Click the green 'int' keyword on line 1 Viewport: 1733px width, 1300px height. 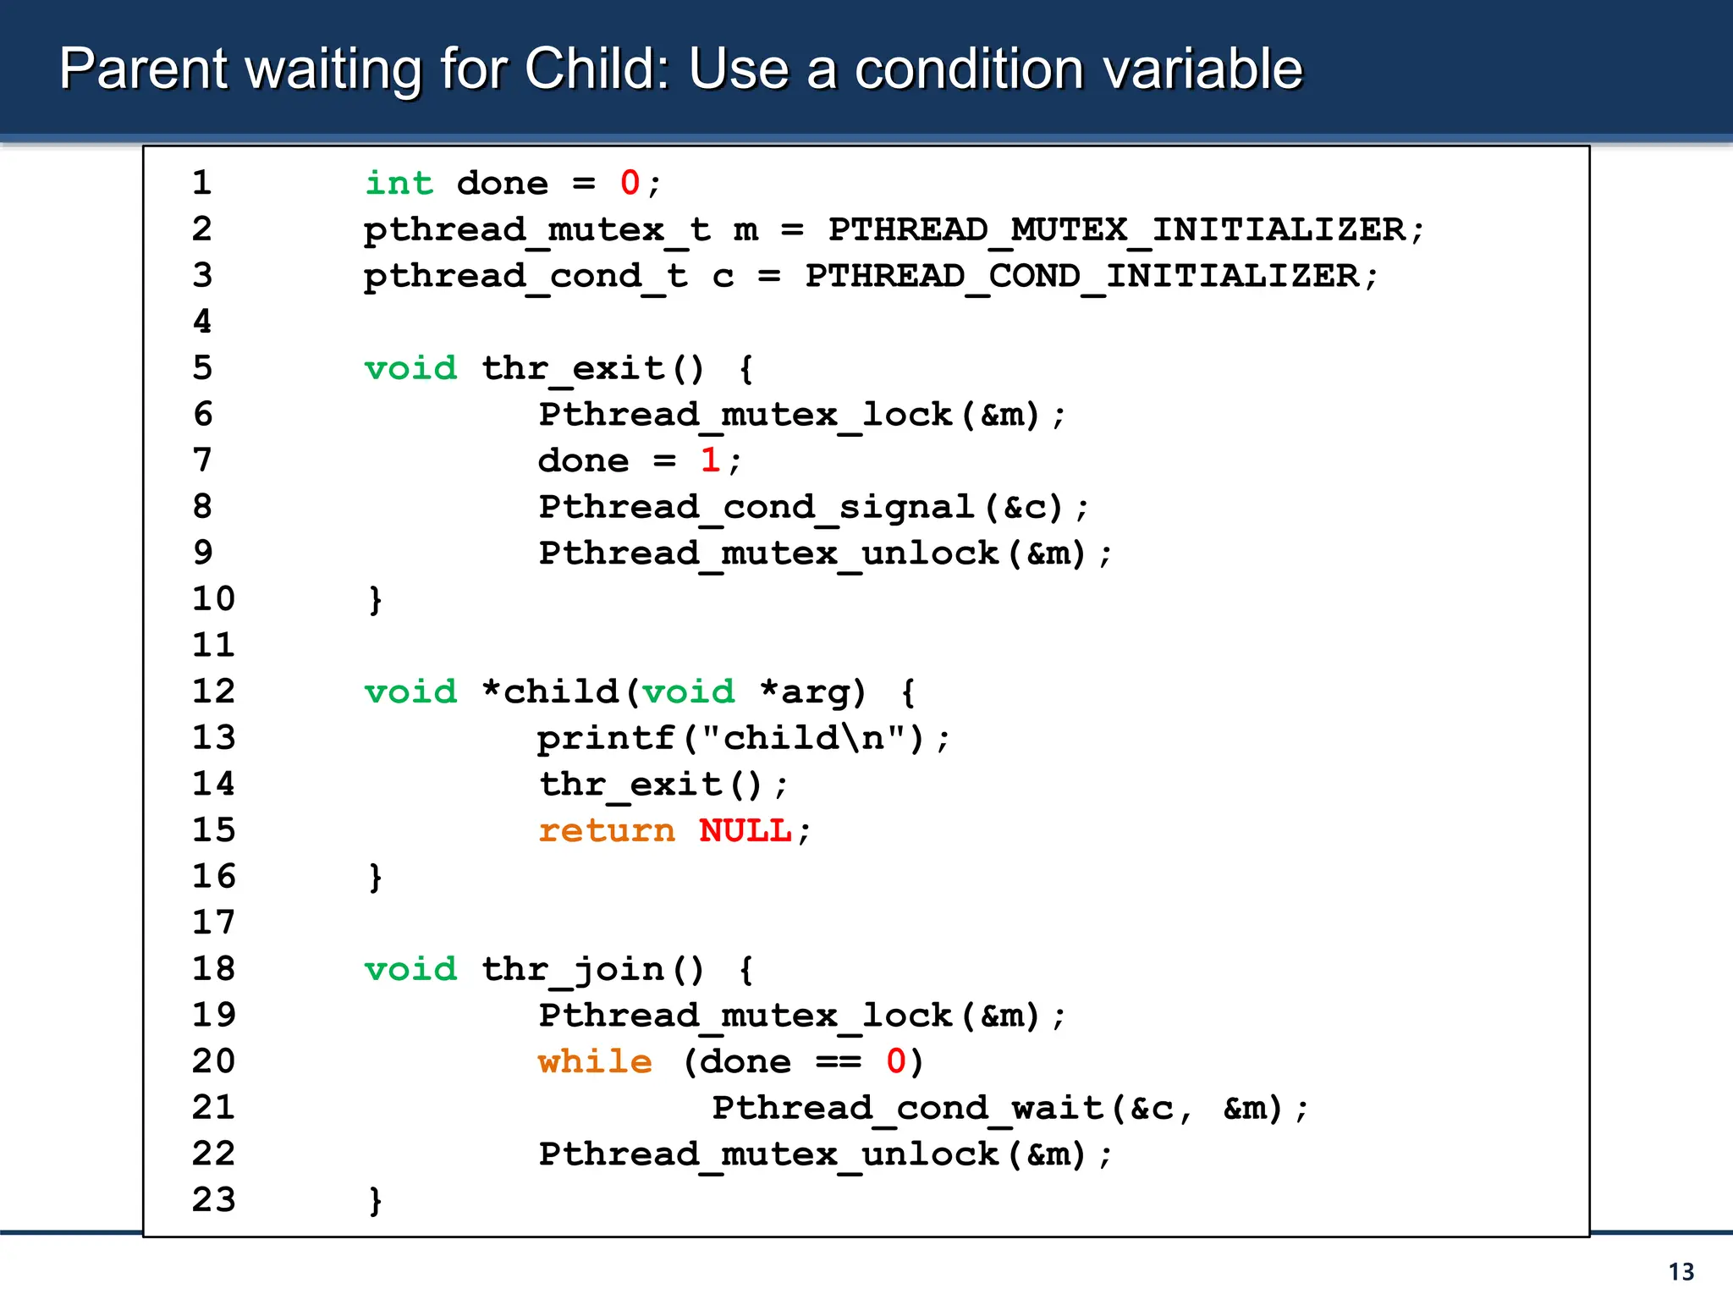coord(399,183)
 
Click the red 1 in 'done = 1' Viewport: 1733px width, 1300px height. coord(710,460)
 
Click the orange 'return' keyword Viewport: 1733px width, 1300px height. coord(607,830)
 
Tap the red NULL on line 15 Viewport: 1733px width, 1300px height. coord(745,830)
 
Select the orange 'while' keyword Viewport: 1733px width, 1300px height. coord(595,1061)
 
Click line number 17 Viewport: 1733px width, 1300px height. coord(213,923)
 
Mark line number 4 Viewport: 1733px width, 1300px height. coord(202,322)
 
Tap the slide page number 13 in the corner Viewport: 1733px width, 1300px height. coord(1681,1272)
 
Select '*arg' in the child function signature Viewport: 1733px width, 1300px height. coord(812,691)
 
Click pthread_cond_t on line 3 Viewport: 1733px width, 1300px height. coord(525,276)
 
